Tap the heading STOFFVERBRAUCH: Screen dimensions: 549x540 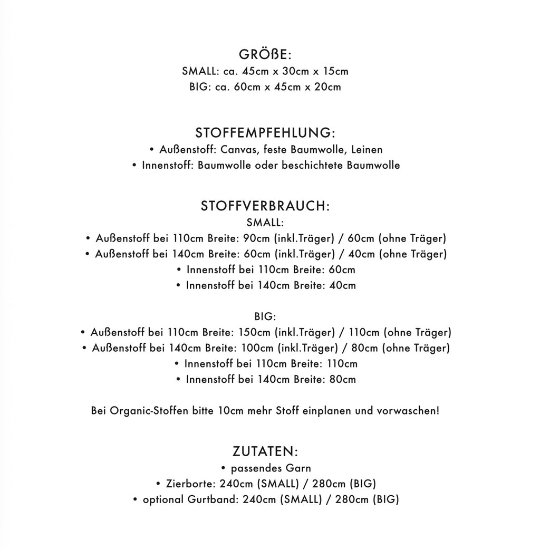pyautogui.click(x=265, y=206)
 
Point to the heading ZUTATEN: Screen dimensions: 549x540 pyautogui.click(x=265, y=451)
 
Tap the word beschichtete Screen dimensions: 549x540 pyautogui.click(x=313, y=166)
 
